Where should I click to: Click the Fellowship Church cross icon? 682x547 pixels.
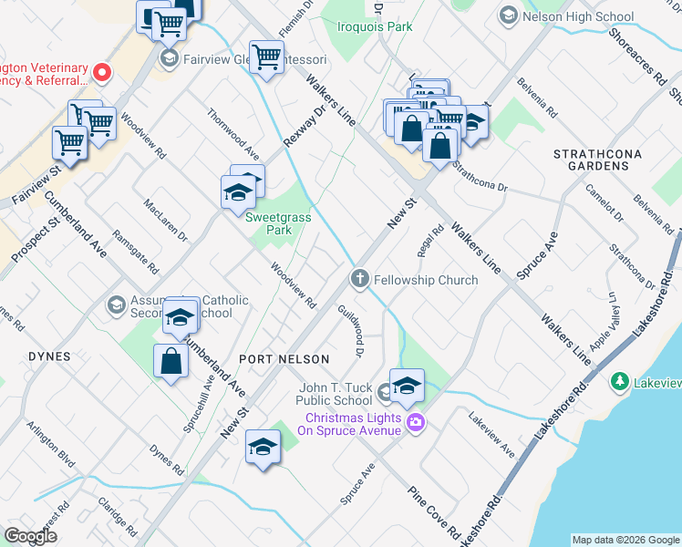[x=360, y=279]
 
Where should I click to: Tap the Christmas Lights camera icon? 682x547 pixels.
[x=417, y=421]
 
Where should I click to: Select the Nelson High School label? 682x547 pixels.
[x=566, y=16]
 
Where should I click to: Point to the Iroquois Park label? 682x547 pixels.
[x=374, y=28]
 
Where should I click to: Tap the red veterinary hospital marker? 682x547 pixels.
[x=103, y=71]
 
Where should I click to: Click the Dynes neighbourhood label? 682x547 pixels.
[x=49, y=356]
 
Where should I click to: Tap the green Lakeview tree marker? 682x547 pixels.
[x=620, y=379]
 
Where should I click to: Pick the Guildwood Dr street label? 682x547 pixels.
[x=352, y=331]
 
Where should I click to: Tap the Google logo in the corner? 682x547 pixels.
[x=30, y=536]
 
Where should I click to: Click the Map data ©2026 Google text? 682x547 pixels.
[x=625, y=540]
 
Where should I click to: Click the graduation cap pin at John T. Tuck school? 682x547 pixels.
[x=407, y=384]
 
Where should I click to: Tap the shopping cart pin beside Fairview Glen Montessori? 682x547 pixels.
[x=266, y=57]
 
